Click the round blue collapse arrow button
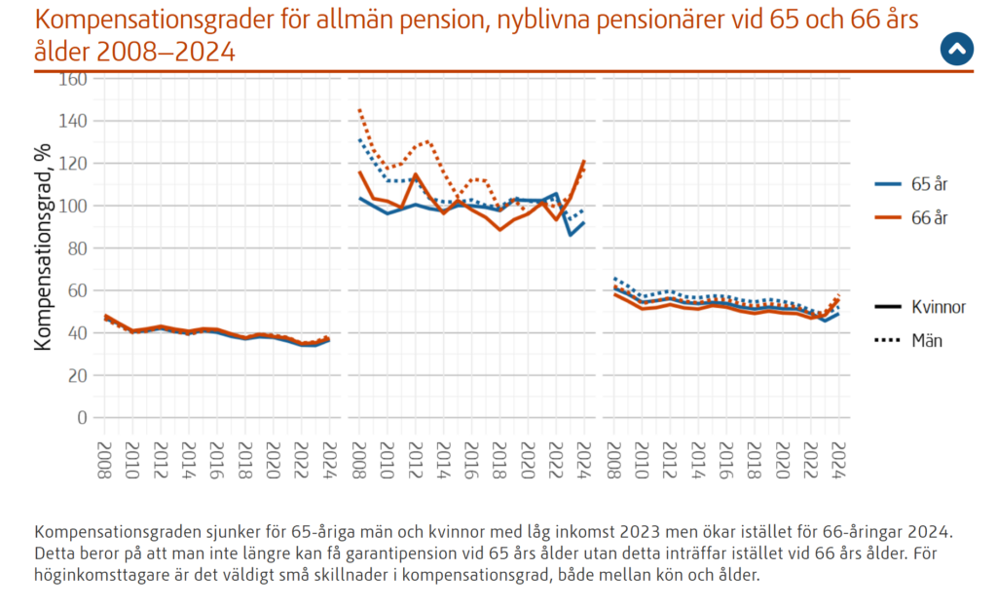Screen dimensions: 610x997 pyautogui.click(x=956, y=49)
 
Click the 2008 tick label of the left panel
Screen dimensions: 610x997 pyautogui.click(x=106, y=457)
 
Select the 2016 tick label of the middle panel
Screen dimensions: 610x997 pyautogui.click(x=471, y=457)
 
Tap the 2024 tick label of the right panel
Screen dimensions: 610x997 pyautogui.click(x=836, y=457)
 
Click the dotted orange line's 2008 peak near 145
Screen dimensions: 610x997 pyautogui.click(x=359, y=110)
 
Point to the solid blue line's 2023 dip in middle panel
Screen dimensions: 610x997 pyautogui.click(x=571, y=234)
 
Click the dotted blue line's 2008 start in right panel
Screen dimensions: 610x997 pyautogui.click(x=614, y=278)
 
